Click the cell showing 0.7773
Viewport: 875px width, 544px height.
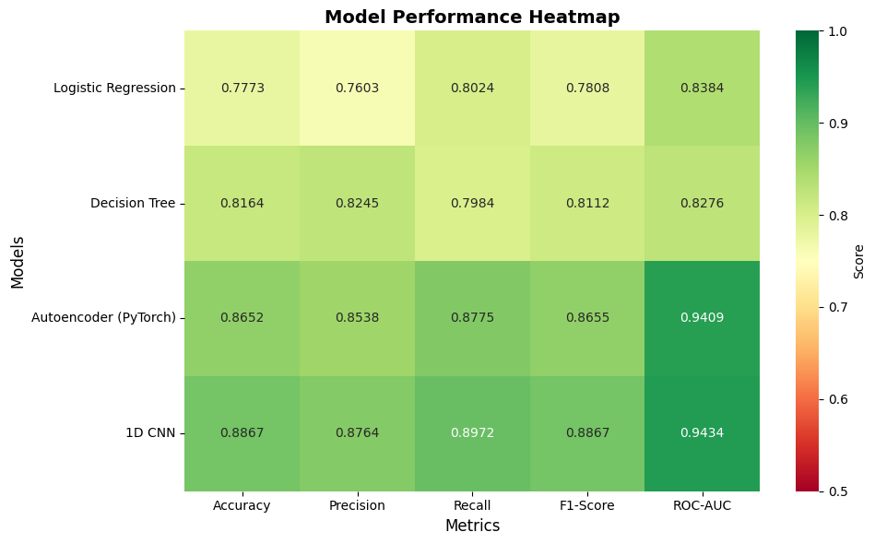[x=242, y=88]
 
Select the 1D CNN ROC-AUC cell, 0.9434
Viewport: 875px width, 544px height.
[x=703, y=432]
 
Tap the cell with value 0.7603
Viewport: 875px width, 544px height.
[x=357, y=88]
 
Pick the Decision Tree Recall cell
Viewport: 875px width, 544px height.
[x=472, y=203]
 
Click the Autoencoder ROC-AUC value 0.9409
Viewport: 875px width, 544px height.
[x=703, y=317]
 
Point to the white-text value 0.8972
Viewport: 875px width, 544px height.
[x=472, y=432]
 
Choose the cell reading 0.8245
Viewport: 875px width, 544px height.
[x=357, y=203]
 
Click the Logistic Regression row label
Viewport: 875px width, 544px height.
[x=114, y=88]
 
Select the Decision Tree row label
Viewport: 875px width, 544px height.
[x=133, y=203]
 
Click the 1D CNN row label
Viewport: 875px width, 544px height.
[x=149, y=432]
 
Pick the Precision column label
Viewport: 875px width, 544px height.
[x=357, y=505]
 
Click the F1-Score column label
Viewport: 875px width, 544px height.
[x=587, y=505]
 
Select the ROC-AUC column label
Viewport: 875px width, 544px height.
[x=703, y=505]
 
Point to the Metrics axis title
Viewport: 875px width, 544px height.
[x=472, y=526]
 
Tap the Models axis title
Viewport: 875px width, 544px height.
[x=18, y=261]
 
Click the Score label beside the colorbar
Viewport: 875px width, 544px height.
[x=858, y=261]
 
